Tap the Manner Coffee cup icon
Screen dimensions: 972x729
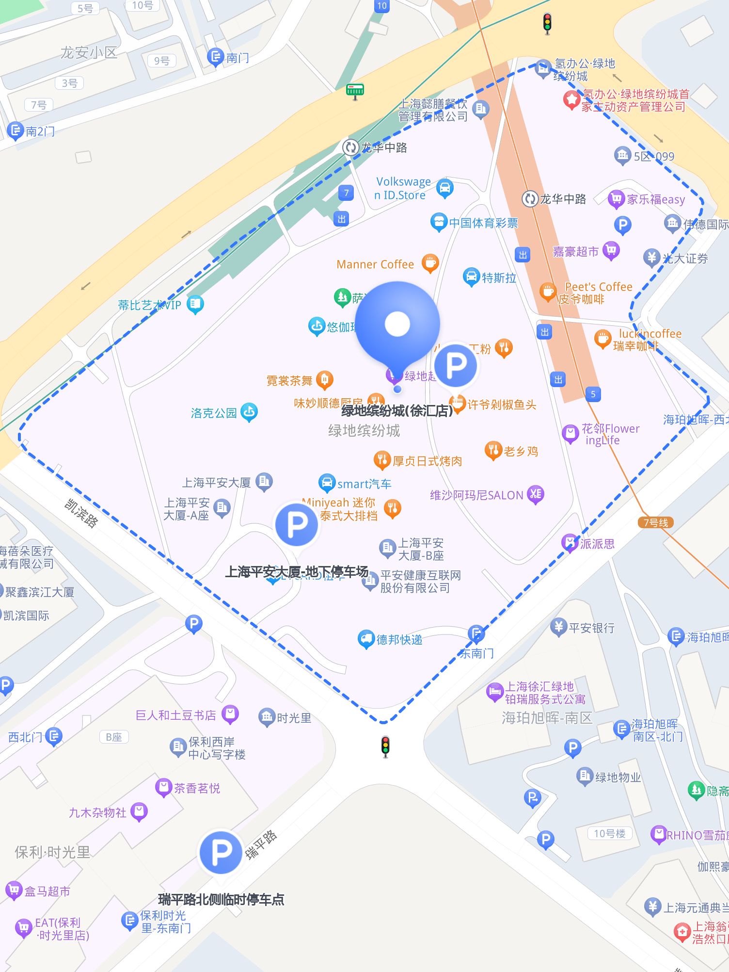429,263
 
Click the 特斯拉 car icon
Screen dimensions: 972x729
471,277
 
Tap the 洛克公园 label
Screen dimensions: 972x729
214,413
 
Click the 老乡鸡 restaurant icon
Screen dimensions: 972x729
493,451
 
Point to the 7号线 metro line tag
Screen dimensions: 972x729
655,522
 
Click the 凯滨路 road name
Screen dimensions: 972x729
81,513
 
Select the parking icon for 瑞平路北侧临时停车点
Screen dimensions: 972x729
221,852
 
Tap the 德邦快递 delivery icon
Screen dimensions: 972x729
366,639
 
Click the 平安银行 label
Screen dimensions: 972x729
591,628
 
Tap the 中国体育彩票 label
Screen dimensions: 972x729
483,223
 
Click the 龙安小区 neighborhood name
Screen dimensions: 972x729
89,52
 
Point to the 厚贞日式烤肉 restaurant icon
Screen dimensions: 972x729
381,459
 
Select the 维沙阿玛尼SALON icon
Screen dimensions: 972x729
535,494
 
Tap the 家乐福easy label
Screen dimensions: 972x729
655,199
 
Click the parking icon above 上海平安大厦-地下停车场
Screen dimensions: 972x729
297,524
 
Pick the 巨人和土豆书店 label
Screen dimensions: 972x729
176,715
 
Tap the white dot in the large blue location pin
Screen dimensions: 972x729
397,324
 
